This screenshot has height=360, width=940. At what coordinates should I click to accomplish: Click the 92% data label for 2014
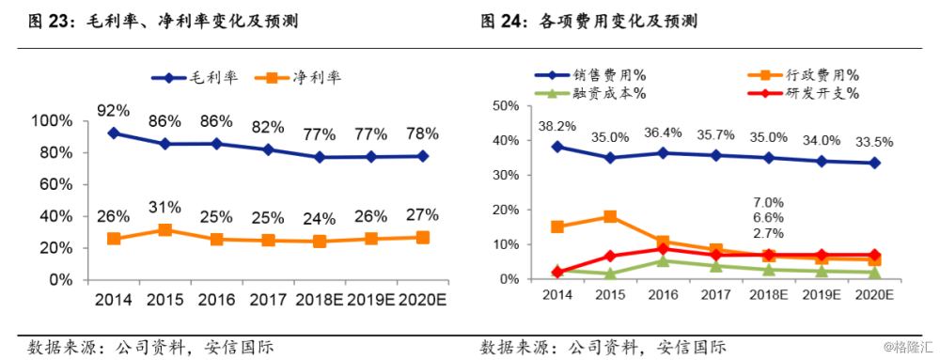pos(114,111)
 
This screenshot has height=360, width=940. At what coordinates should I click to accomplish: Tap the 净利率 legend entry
pos(303,79)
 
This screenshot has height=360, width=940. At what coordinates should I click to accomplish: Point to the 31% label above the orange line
pos(165,208)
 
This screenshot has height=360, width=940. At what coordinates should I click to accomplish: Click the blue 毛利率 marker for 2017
pos(269,149)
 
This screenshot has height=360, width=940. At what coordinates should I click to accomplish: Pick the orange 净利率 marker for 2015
pos(165,230)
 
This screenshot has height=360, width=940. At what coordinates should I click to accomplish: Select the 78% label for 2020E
pos(423,134)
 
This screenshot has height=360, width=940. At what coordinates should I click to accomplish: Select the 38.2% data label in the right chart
pos(557,125)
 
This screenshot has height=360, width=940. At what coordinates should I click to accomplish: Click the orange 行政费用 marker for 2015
pos(610,216)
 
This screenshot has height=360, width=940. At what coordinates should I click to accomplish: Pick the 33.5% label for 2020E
pos(873,142)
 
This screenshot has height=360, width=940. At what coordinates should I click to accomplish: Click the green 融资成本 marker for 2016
pos(663,260)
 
